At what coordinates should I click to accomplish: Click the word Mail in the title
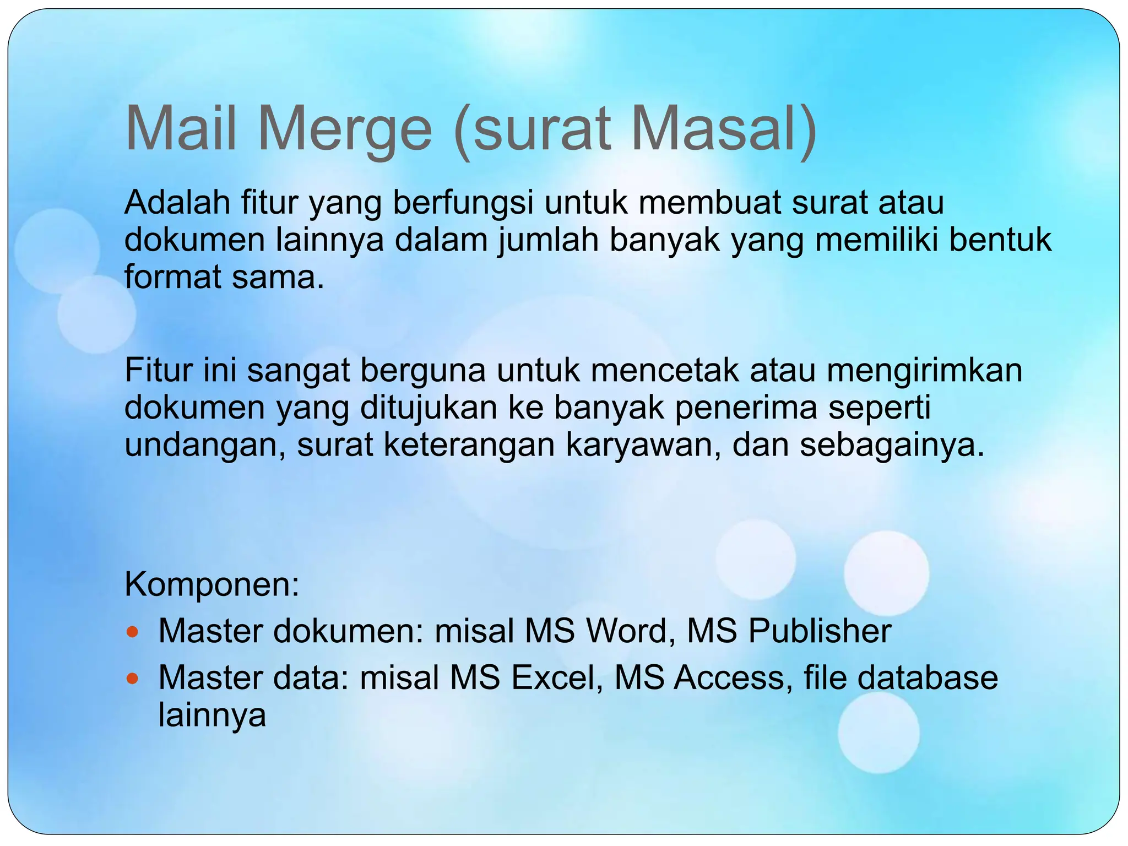pos(181,129)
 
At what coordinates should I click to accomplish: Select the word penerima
pos(746,408)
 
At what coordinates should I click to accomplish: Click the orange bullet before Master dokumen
pos(131,631)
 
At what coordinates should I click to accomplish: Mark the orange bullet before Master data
pos(131,678)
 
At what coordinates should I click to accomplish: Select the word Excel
pos(557,677)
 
